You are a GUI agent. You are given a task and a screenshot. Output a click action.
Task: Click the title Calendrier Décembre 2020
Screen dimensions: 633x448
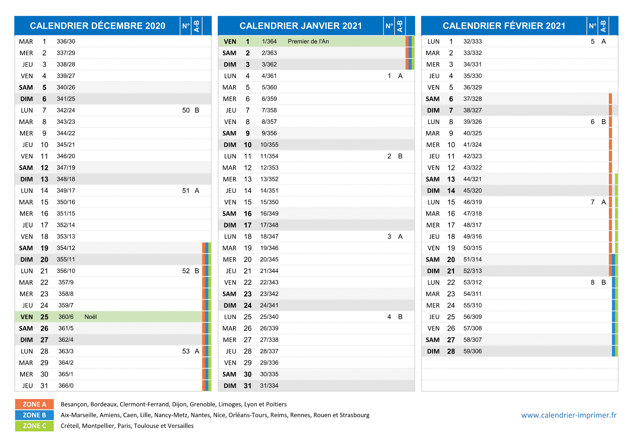pos(97,26)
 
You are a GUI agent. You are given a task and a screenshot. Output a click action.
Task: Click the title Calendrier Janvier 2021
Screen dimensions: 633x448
pos(301,26)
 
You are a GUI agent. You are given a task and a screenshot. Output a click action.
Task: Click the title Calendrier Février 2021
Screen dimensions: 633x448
pos(504,26)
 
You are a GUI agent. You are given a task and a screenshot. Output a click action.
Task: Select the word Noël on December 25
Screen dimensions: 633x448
pos(91,317)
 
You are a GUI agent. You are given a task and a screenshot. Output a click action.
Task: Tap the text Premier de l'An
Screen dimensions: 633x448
pos(308,41)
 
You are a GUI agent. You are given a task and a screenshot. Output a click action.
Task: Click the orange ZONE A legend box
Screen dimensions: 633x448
pos(34,404)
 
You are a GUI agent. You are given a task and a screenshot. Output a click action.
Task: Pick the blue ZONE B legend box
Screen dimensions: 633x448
pos(34,415)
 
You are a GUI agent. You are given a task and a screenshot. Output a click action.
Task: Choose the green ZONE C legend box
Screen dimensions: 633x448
pos(34,426)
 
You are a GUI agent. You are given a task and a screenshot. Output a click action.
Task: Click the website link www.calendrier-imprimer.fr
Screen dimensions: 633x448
pos(569,415)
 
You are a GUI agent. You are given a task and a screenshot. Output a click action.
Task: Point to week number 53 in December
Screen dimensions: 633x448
pos(186,351)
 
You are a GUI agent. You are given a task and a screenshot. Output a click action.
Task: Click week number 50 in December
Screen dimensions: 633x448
pos(186,110)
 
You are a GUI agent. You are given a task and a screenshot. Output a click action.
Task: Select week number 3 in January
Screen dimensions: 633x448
pos(389,237)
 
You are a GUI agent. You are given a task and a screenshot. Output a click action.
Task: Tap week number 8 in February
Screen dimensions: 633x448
pos(593,282)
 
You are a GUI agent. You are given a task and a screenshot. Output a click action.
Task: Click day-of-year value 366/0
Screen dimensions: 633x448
pos(66,386)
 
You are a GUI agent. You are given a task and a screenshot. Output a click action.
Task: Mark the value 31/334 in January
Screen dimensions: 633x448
pos(269,386)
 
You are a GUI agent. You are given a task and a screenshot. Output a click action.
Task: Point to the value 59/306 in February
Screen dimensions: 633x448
pos(473,351)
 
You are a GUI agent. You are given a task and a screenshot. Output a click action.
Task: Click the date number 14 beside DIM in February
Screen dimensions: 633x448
pos(451,191)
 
